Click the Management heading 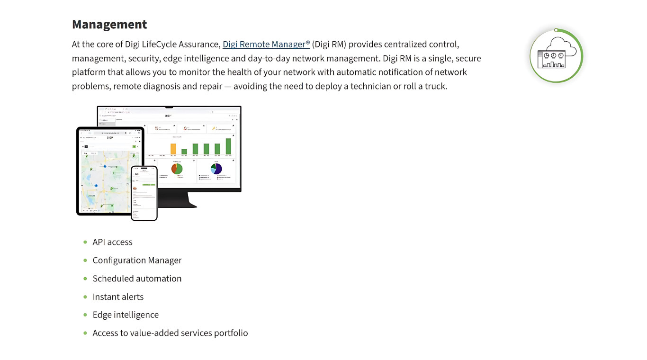pyautogui.click(x=109, y=24)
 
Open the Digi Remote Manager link pyautogui.click(x=266, y=44)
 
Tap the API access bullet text pyautogui.click(x=112, y=242)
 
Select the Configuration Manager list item pyautogui.click(x=137, y=260)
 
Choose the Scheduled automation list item pyautogui.click(x=137, y=279)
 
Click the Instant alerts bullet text pyautogui.click(x=118, y=297)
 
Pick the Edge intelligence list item pyautogui.click(x=126, y=315)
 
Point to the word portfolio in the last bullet pyautogui.click(x=231, y=333)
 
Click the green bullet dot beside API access pyautogui.click(x=85, y=242)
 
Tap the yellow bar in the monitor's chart pyautogui.click(x=173, y=149)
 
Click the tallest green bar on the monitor pyautogui.click(x=228, y=146)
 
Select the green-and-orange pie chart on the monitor pyautogui.click(x=177, y=169)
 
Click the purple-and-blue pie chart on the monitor pyautogui.click(x=216, y=169)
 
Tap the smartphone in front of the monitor pyautogui.click(x=144, y=193)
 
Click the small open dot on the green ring pyautogui.click(x=557, y=30)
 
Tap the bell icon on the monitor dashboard pyautogui.click(x=185, y=128)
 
